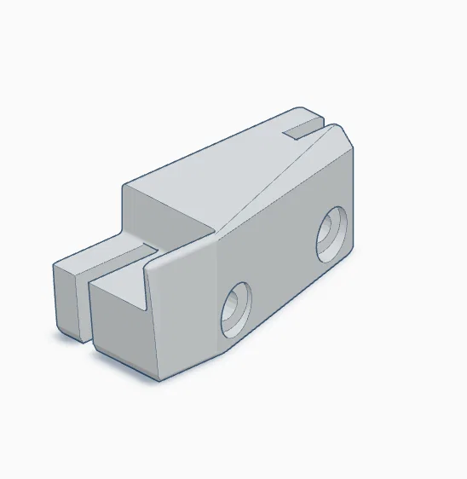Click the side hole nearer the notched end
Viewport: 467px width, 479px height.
[x=331, y=234]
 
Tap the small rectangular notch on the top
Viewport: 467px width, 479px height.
[x=303, y=130]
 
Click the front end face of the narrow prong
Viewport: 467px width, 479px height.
[x=67, y=300]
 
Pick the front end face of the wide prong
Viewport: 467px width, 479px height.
[x=119, y=328]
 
